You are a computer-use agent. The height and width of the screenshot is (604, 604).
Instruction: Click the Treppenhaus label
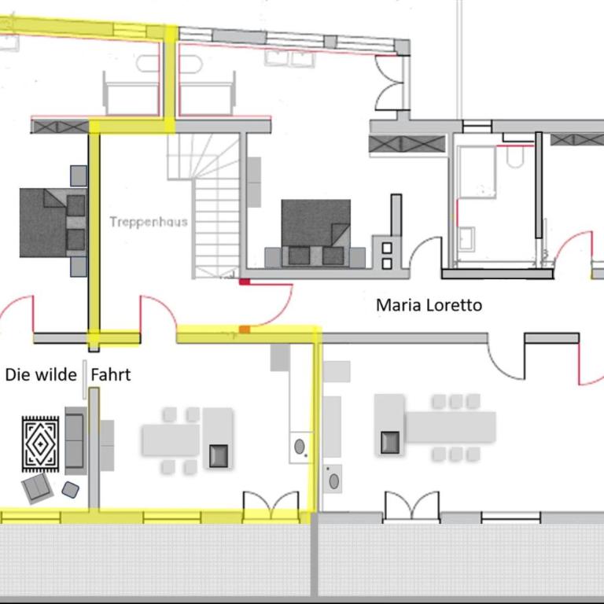coord(149,222)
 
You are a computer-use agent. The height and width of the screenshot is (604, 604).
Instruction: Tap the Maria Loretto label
coord(429,305)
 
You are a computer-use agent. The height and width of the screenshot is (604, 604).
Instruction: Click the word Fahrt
coord(111,374)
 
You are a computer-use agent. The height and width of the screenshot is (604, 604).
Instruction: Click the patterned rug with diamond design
coord(40,444)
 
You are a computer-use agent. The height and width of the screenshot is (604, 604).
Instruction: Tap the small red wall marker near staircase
coord(245,282)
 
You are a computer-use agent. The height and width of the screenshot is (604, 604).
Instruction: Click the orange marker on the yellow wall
coord(245,330)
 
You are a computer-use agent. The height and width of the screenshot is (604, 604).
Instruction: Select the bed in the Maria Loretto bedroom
coord(315,233)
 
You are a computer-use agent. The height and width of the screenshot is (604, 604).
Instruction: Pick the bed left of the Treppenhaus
coord(53,223)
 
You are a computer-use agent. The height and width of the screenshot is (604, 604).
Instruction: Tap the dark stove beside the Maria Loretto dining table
coord(390,442)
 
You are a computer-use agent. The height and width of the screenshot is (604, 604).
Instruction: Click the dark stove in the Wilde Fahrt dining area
coord(219,455)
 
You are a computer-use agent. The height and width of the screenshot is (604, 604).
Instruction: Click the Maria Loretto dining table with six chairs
coord(451,427)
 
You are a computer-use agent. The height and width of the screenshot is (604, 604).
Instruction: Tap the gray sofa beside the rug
coord(75,440)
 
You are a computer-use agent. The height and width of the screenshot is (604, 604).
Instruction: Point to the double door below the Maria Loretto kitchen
coord(411,506)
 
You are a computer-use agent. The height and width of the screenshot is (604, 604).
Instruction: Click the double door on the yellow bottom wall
coord(271,506)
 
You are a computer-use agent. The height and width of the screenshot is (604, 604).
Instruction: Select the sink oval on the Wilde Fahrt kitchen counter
coord(300,447)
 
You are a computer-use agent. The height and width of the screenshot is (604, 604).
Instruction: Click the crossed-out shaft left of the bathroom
coord(407,144)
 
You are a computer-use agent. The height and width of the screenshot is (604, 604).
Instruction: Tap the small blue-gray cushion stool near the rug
coord(71,490)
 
